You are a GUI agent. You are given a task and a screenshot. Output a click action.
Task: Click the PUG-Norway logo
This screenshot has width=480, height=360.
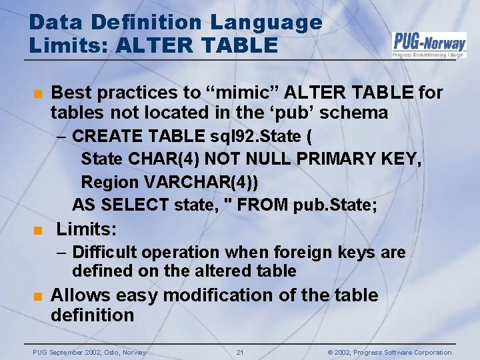coord(429,45)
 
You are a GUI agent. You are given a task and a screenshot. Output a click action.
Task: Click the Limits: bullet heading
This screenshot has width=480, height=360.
coord(87,230)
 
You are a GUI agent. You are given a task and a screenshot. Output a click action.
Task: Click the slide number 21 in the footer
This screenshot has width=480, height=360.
coord(240,352)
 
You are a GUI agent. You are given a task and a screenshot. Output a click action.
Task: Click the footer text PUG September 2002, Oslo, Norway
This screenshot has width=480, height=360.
coord(89,352)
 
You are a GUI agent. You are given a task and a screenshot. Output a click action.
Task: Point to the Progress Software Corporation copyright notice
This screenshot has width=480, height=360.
coord(389,352)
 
